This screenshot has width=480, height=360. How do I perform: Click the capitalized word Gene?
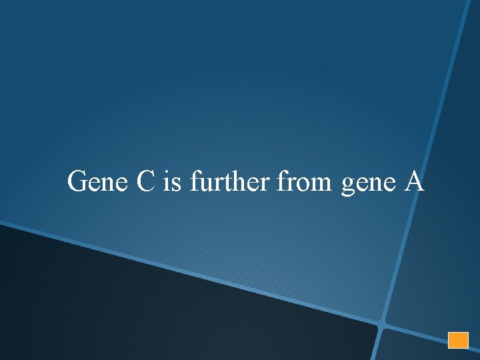[99, 181]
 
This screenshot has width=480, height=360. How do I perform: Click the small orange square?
[458, 339]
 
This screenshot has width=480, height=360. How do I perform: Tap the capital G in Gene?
[78, 181]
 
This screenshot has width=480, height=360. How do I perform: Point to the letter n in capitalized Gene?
[108, 183]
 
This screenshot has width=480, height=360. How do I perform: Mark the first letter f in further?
[195, 180]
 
